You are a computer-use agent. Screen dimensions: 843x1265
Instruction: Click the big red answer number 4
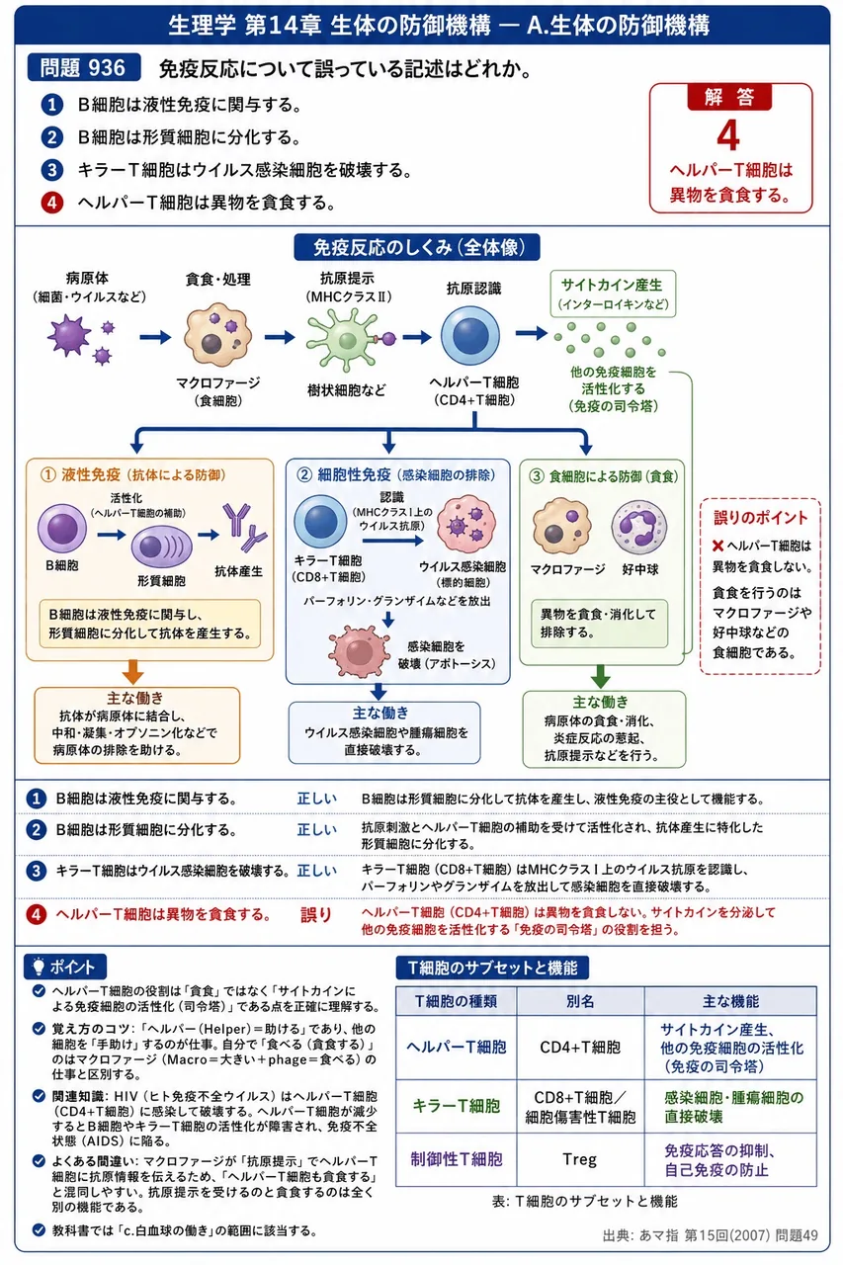click(x=728, y=136)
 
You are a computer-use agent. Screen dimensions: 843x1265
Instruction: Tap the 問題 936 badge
click(x=84, y=68)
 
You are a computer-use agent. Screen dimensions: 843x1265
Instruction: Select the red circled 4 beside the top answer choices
click(x=52, y=203)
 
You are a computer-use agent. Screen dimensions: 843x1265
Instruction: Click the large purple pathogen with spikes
click(x=69, y=336)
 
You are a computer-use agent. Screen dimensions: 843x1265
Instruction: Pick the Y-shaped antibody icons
click(x=244, y=527)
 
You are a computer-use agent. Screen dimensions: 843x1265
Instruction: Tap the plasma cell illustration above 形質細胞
click(x=161, y=547)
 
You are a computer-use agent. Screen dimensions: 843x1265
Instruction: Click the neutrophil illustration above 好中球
click(x=638, y=527)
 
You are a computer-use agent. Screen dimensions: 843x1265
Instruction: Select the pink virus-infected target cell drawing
click(x=465, y=524)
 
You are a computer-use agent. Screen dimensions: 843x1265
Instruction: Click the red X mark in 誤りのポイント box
click(x=717, y=546)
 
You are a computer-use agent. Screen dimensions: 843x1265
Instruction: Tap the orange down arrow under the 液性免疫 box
click(x=132, y=671)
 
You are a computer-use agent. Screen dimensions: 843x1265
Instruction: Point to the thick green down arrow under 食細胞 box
click(x=600, y=676)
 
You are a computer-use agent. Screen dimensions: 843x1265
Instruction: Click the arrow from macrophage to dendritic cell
click(x=280, y=337)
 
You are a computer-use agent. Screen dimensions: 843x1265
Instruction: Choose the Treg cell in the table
click(x=580, y=1159)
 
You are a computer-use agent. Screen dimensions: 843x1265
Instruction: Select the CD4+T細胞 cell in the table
click(x=580, y=1047)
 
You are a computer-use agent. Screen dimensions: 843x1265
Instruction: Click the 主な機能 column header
click(x=730, y=1001)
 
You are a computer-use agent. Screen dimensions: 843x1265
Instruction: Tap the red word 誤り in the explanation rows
click(x=316, y=914)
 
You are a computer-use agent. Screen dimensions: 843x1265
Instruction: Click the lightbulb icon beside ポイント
click(x=39, y=967)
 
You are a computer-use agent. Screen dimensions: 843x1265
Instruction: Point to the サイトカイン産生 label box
click(x=613, y=294)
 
